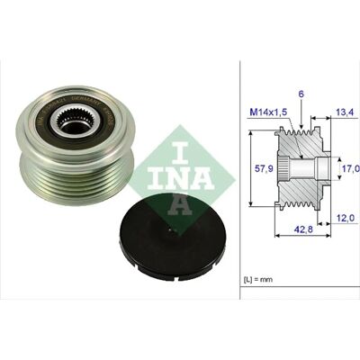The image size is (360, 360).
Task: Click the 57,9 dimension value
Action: (x=264, y=169)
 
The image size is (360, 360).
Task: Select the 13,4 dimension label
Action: (x=345, y=112)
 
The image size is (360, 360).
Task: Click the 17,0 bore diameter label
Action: (x=351, y=168)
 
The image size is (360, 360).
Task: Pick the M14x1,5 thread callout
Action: (x=269, y=112)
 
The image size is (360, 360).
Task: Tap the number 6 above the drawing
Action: (x=301, y=94)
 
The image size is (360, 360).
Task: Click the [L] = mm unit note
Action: (x=257, y=279)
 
